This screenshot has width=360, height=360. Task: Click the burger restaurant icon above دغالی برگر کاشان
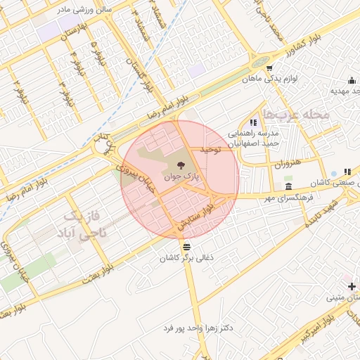(186, 247)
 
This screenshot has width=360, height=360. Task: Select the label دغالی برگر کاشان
(186, 259)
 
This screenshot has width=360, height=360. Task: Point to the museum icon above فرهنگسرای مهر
(289, 186)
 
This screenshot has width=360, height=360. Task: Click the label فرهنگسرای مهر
(289, 198)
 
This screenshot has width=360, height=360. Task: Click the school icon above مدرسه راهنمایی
(254, 122)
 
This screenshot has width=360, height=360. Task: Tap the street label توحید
(211, 150)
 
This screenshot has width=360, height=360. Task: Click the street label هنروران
(288, 164)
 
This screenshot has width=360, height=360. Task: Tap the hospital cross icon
(352, 286)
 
